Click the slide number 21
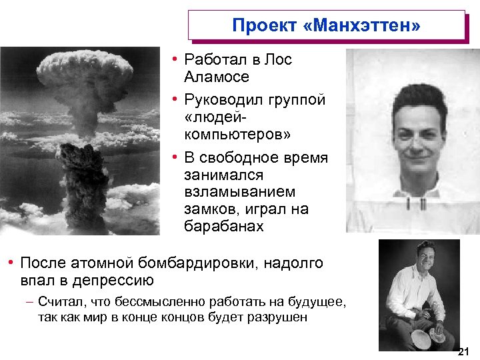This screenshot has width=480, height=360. tap(464, 351)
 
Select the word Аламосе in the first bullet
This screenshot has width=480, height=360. tap(217, 77)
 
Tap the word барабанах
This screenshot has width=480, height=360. tap(224, 226)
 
